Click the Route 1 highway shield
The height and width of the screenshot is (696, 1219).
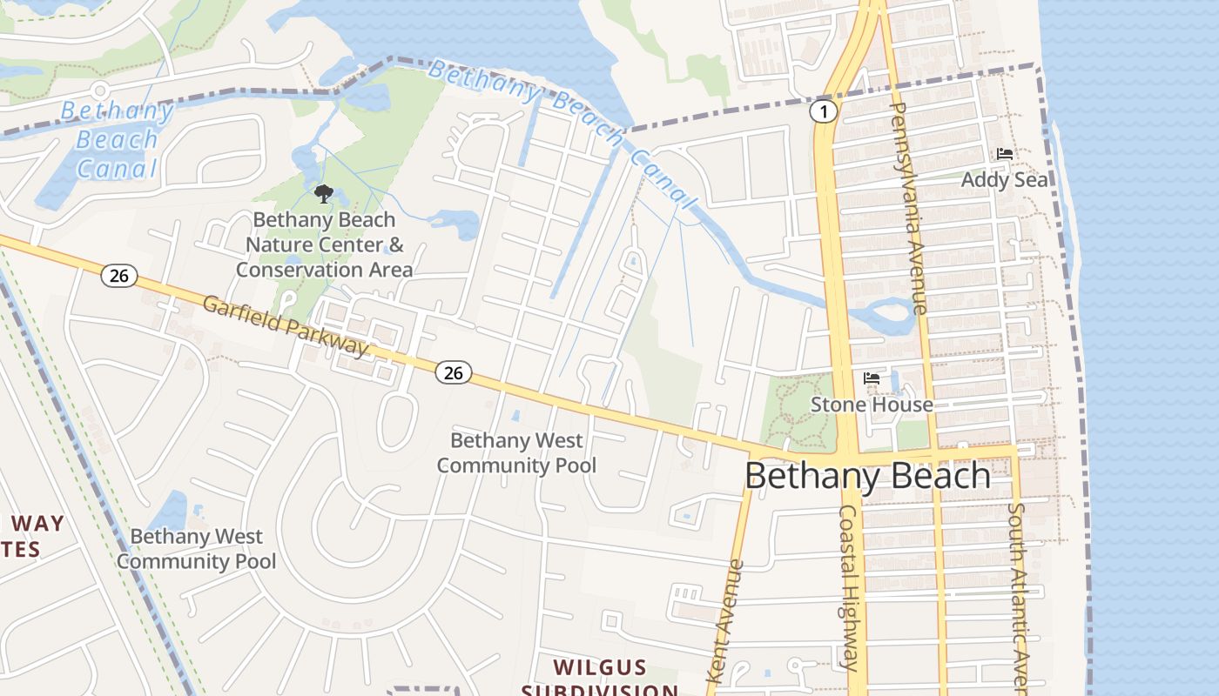coord(823,111)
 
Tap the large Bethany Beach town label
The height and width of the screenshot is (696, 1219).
coord(868,477)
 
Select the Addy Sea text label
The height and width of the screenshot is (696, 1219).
coord(1004,180)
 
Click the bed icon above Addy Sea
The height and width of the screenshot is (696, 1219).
coord(1004,154)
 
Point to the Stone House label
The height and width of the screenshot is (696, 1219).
coord(871,405)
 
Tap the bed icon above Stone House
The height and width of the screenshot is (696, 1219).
coord(871,378)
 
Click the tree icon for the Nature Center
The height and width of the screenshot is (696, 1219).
coord(324,193)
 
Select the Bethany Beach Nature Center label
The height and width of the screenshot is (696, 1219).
coord(324,244)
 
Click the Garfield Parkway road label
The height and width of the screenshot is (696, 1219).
coord(286,325)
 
